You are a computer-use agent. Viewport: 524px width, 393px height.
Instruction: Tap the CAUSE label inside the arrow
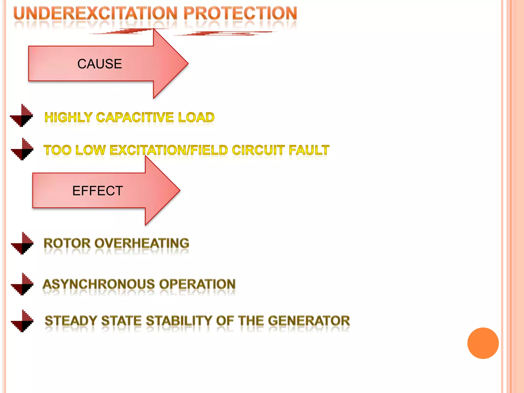point(100,64)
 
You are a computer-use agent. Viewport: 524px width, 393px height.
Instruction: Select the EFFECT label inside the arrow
point(97,191)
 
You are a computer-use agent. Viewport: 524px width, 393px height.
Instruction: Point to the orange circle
point(483,343)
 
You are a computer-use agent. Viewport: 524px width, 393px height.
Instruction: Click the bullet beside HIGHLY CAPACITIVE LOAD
point(22,116)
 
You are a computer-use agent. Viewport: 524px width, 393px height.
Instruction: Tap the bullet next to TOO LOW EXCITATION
point(22,149)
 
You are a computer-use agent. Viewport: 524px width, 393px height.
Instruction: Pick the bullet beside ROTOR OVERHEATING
point(22,243)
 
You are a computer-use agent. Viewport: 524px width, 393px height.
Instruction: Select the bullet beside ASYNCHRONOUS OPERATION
point(22,284)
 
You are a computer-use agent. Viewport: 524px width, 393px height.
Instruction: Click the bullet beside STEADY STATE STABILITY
point(22,321)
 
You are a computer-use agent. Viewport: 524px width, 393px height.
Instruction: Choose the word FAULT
point(309,150)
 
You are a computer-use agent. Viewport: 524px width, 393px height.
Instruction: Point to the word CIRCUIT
point(258,150)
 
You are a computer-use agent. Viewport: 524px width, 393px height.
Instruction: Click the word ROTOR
point(67,243)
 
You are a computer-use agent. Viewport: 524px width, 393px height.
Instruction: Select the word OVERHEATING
point(142,243)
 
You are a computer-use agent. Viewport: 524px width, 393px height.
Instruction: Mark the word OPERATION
point(197,284)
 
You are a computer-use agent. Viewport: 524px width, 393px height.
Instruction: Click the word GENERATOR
point(309,321)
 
